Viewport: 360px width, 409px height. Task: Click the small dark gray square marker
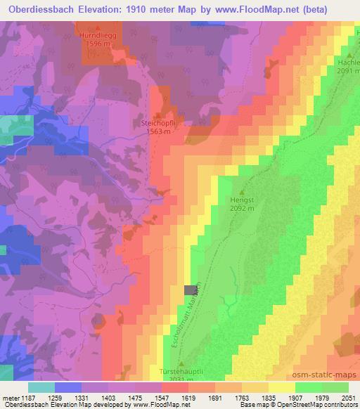point(189,290)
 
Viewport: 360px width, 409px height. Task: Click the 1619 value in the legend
point(187,398)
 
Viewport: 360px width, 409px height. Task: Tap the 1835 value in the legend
point(268,398)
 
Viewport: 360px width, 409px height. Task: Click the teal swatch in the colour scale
point(41,387)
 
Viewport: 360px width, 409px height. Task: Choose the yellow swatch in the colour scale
point(282,387)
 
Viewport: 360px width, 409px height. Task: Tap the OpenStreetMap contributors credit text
point(319,405)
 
